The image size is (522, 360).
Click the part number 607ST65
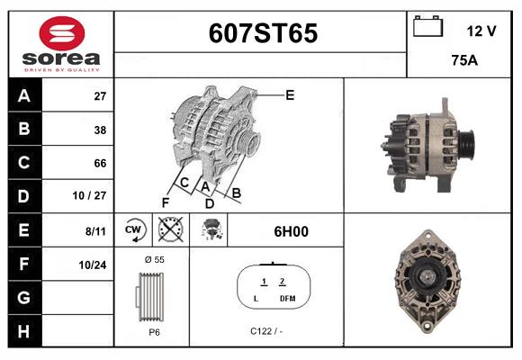coord(263,33)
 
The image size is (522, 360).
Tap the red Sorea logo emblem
coord(62,33)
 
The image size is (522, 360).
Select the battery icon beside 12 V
coord(427,26)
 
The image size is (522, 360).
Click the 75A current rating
coord(464,60)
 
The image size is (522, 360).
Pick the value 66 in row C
coord(100,163)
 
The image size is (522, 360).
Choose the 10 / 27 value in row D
coord(90,195)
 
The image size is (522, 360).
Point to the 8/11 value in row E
coord(95,231)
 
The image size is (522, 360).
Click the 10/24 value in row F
coord(93,265)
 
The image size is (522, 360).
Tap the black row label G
coord(24,298)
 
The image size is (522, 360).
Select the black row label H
coord(24,331)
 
